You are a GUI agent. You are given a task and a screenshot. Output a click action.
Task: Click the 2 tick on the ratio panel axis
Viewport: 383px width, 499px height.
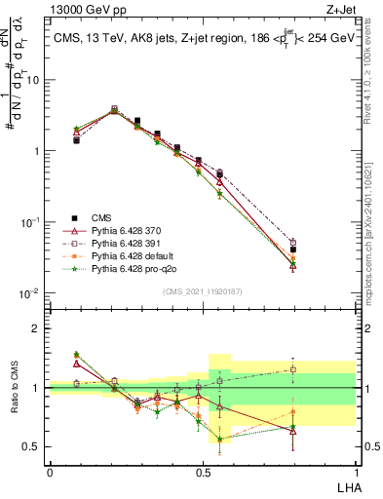[40, 328]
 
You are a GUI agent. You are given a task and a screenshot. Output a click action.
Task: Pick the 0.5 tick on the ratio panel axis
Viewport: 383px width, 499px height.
[36, 447]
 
